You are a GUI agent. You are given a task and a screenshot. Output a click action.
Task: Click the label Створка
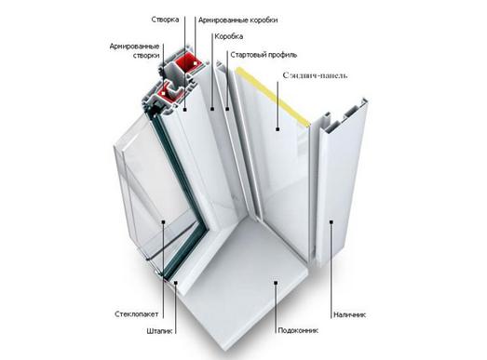pyautogui.click(x=165, y=20)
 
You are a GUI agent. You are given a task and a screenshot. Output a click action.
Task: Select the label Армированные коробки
pyautogui.click(x=237, y=20)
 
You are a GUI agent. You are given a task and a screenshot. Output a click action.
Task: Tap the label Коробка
pyautogui.click(x=229, y=36)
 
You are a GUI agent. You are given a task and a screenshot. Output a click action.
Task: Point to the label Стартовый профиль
pyautogui.click(x=264, y=55)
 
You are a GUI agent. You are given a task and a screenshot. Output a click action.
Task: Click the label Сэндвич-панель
pyautogui.click(x=316, y=75)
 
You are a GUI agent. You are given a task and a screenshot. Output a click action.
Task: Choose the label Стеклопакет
pyautogui.click(x=137, y=314)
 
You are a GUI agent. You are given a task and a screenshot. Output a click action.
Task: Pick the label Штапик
pyautogui.click(x=159, y=331)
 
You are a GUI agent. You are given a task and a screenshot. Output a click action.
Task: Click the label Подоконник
pyautogui.click(x=298, y=330)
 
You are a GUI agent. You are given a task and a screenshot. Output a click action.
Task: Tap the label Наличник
pyautogui.click(x=350, y=314)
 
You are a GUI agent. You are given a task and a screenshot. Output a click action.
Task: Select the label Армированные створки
pyautogui.click(x=134, y=51)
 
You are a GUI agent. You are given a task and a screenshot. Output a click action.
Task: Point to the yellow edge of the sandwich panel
pyautogui.click(x=274, y=95)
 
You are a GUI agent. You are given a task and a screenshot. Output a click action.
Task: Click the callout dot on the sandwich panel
pyautogui.click(x=277, y=128)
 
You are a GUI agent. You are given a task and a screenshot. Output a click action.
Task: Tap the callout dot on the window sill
pyautogui.click(x=276, y=282)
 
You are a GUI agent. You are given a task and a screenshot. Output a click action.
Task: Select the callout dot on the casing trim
pyautogui.click(x=331, y=222)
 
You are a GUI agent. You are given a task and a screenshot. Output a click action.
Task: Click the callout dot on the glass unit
pyautogui.click(x=163, y=221)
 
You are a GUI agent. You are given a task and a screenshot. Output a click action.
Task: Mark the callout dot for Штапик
pyautogui.click(x=176, y=282)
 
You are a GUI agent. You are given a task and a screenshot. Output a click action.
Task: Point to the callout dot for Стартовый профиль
pyautogui.click(x=227, y=109)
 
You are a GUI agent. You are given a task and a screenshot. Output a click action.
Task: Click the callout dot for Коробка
pyautogui.click(x=212, y=109)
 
